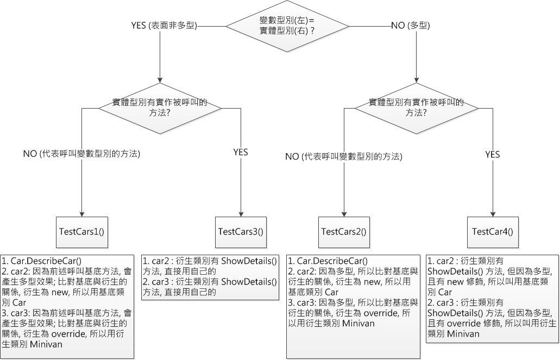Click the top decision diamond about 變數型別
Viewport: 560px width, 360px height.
coord(287,26)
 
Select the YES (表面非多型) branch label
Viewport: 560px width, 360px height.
coord(163,25)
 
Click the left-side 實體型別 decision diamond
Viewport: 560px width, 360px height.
coord(160,108)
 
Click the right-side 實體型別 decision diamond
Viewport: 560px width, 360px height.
coord(417,108)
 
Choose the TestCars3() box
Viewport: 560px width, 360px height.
coord(240,231)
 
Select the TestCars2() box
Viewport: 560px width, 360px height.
coord(343,231)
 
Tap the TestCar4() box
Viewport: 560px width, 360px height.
coord(492,231)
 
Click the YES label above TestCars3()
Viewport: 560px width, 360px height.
coord(240,152)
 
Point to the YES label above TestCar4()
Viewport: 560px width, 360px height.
coord(492,154)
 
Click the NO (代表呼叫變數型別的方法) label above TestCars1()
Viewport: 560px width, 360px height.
coord(81,154)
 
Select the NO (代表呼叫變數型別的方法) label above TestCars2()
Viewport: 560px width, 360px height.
coord(343,156)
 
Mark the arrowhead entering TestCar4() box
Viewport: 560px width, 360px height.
coord(492,213)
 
